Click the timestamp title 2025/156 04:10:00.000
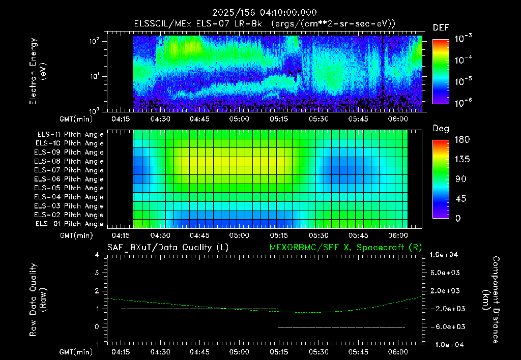pyautogui.click(x=265, y=13)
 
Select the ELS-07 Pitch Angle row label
pyautogui.click(x=69, y=170)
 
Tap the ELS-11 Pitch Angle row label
pyautogui.click(x=70, y=135)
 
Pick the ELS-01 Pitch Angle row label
pyautogui.click(x=70, y=224)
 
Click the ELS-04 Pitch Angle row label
pyautogui.click(x=69, y=197)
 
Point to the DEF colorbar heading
pyautogui.click(x=441, y=27)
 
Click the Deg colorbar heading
pyautogui.click(x=441, y=129)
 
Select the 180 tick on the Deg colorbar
pyautogui.click(x=462, y=139)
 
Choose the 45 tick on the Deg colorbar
pyautogui.click(x=460, y=199)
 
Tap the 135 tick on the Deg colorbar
pyautogui.click(x=462, y=159)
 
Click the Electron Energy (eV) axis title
pyautogui.click(x=38, y=71)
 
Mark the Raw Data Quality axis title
pyautogui.click(x=38, y=300)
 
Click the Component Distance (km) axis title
pyautogui.click(x=491, y=300)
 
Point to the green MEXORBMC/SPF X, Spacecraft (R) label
pyautogui.click(x=345, y=248)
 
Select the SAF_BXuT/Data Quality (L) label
pyautogui.click(x=168, y=248)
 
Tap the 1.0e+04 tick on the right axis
pyautogui.click(x=444, y=255)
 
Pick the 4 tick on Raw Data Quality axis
pyautogui.click(x=97, y=255)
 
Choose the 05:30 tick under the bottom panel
pyautogui.click(x=319, y=352)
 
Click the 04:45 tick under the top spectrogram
pyautogui.click(x=199, y=119)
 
